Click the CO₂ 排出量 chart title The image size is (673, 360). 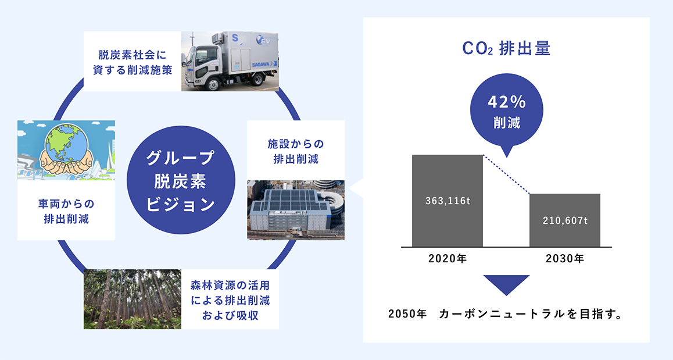pos(506,49)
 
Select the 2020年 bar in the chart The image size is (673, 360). pos(448,201)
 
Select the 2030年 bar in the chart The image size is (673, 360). pos(565,220)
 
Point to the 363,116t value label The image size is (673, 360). pos(448,201)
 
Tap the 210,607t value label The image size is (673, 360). pos(565,221)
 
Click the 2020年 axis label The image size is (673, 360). pos(448,259)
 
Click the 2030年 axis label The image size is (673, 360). pos(565,259)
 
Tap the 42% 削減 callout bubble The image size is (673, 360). pos(506,112)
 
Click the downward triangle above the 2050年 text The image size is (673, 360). pos(506,285)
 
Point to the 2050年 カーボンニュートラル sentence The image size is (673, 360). pos(505,314)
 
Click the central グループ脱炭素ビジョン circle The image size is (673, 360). pos(181,180)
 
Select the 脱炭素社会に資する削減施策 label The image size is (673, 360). pos(132,63)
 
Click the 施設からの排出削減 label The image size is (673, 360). pos(296,152)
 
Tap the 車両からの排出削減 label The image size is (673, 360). pos(66,211)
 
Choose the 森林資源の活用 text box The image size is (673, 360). pos(230,300)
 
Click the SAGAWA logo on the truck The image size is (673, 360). pos(262,65)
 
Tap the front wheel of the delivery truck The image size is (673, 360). pos(213,83)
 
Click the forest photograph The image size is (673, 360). pos(132,300)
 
